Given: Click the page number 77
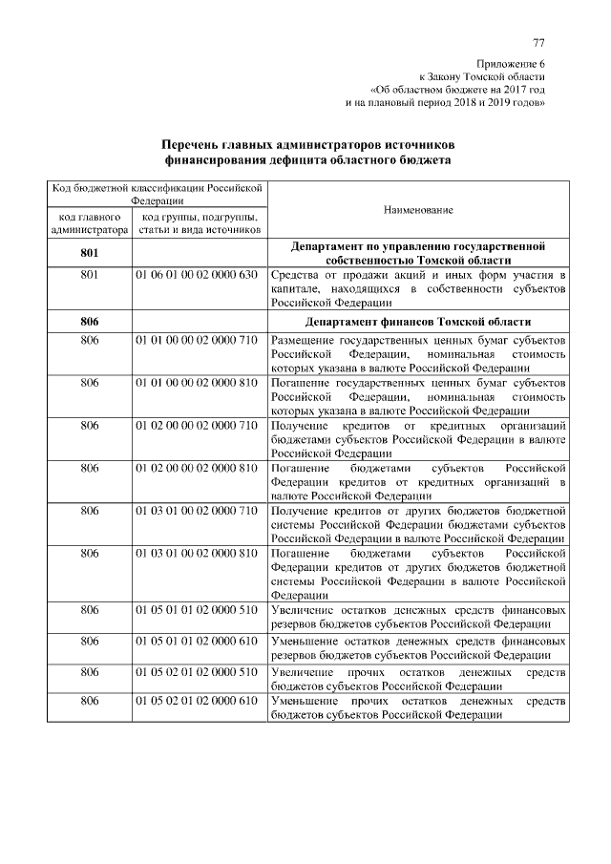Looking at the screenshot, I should (x=538, y=43).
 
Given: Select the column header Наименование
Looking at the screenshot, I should (x=418, y=209).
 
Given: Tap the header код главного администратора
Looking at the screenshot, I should (x=90, y=223).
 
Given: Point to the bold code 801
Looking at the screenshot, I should (x=90, y=253).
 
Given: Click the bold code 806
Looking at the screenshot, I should (x=90, y=321).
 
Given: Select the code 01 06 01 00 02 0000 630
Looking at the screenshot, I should (x=197, y=276).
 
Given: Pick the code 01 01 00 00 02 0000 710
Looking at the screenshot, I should (x=197, y=341).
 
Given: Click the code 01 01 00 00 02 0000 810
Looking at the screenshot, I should (x=197, y=383).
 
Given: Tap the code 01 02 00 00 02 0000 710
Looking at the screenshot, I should (x=197, y=425).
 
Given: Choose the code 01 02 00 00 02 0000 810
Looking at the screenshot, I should (x=197, y=468).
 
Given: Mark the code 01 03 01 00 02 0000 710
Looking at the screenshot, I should (x=197, y=511).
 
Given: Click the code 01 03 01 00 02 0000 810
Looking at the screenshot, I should (x=197, y=554).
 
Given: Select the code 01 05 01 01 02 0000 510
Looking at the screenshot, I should (x=197, y=608).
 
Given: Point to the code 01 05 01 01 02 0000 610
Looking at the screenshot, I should (x=197, y=640).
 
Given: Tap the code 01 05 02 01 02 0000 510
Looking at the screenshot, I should (x=197, y=672).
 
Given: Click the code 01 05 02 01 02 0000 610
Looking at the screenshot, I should (x=197, y=702).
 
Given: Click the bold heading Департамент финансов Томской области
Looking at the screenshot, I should (x=418, y=321).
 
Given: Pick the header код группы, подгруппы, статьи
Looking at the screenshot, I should (x=199, y=223).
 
